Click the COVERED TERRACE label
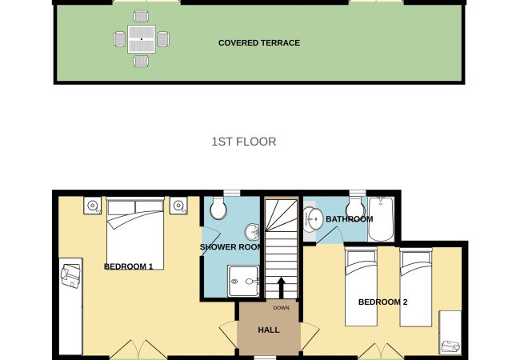pos(259,42)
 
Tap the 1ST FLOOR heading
pos(244,142)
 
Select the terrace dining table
pos(142,39)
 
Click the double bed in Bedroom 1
pos(135,233)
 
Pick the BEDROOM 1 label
pos(128,266)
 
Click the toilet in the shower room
pos(218,208)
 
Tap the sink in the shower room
pos(252,232)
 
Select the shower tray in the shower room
pos(243,281)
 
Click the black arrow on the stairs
pos(281,288)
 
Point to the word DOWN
pos(282,308)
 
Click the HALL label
pos(269,330)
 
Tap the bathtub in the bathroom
pos(381,218)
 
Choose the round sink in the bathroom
pos(313,219)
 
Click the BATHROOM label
pos(350,219)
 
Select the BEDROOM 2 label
pos(382,302)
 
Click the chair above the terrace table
pos(141,16)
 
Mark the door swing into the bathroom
pos(330,236)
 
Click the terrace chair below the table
pos(142,62)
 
